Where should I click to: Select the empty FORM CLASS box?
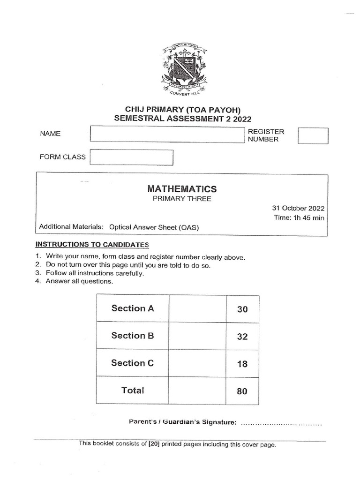[132, 157]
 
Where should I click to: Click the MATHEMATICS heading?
[182, 189]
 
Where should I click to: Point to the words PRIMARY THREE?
[182, 199]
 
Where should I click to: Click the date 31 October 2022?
[298, 208]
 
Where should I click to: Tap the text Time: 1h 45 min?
[299, 218]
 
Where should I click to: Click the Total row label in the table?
[133, 390]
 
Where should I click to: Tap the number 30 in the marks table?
[242, 309]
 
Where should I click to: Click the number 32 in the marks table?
[242, 337]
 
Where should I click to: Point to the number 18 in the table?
[242, 364]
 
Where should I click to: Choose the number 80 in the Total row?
[242, 391]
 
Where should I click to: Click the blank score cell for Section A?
[197, 308]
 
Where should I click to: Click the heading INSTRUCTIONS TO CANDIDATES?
[92, 244]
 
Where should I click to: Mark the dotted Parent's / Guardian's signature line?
[281, 423]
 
